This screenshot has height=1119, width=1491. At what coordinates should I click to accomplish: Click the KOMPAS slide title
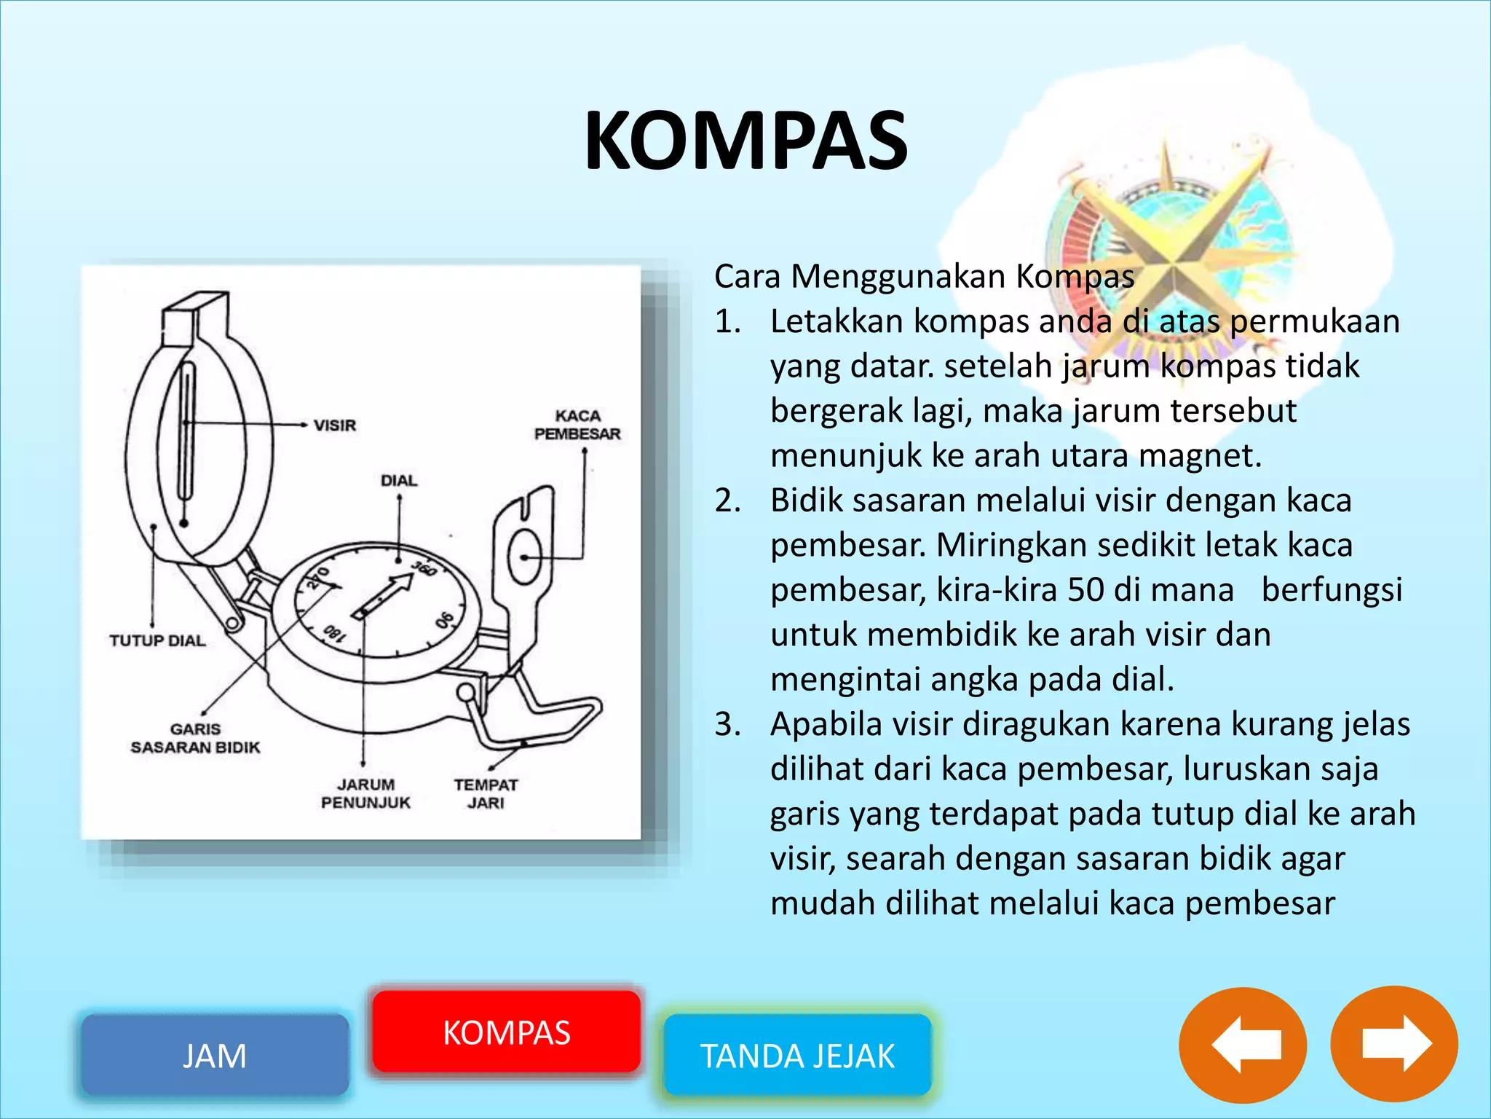(x=745, y=141)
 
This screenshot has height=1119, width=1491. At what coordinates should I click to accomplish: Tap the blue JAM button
(x=215, y=1055)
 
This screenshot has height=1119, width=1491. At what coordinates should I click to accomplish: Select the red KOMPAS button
(x=507, y=1032)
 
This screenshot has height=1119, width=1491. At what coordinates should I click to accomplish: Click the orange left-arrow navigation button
(x=1243, y=1045)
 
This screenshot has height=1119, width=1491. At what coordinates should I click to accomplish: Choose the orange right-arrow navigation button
(x=1394, y=1045)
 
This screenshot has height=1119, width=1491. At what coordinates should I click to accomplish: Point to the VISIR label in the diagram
(x=335, y=425)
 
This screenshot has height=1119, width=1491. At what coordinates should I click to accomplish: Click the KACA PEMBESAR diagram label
(x=577, y=425)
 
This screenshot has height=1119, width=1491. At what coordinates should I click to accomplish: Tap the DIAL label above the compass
(x=399, y=481)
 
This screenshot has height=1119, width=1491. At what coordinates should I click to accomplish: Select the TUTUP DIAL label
(x=157, y=641)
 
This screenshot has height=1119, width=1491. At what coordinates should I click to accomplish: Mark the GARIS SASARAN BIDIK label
(x=195, y=738)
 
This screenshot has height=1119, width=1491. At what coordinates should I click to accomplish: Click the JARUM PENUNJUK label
(x=365, y=793)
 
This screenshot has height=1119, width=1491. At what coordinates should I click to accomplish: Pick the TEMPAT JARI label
(x=486, y=793)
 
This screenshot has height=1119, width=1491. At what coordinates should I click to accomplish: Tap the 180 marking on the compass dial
(x=333, y=633)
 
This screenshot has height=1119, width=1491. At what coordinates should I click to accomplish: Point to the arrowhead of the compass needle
(x=402, y=581)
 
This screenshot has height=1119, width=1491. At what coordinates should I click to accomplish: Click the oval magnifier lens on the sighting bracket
(x=525, y=557)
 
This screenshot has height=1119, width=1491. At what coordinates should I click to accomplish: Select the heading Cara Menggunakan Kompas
(x=924, y=277)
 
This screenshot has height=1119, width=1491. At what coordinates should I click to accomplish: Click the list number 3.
(x=727, y=724)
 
